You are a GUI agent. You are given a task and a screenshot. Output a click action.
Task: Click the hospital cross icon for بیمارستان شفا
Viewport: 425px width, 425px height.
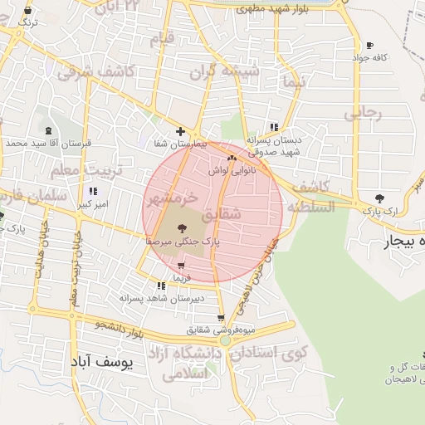coord(180,131)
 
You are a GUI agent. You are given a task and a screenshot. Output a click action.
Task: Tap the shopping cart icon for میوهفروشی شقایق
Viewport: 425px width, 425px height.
coord(220,318)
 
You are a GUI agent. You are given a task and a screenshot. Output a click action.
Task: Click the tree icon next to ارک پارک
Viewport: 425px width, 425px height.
coord(379,198)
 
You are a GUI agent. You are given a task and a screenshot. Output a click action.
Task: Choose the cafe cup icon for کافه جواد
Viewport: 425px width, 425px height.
coord(369,46)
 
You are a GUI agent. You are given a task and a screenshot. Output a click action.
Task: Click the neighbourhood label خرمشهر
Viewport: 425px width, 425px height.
coord(172,199)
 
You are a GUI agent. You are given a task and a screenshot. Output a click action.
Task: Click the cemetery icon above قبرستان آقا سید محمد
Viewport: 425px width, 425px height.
coord(47,131)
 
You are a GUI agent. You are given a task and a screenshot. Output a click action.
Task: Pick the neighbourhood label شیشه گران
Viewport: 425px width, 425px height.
coord(225,71)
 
